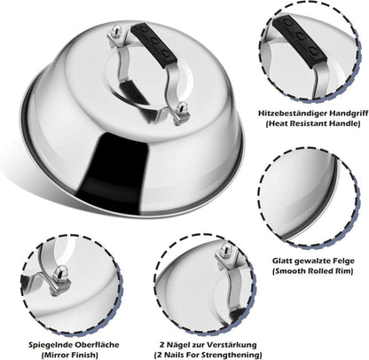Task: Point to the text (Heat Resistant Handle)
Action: point(313,123)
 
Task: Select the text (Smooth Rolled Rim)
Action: point(313,271)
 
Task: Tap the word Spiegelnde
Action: point(50,345)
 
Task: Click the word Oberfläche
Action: point(97,345)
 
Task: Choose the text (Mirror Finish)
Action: point(70,355)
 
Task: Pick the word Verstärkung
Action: point(232,345)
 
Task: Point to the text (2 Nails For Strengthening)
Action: point(208,355)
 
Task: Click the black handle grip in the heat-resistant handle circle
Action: point(300,40)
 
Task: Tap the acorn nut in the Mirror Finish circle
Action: point(60,276)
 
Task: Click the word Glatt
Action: point(282,261)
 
